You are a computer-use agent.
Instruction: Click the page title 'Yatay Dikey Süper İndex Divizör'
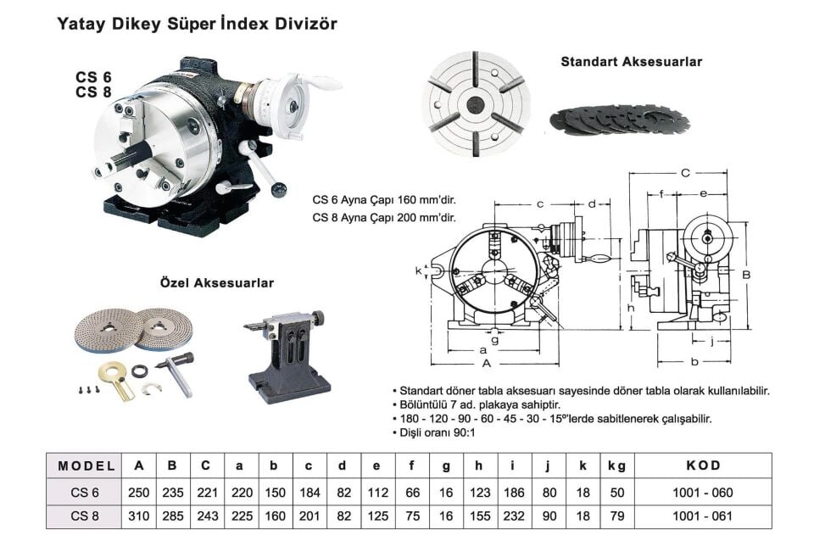click(197, 24)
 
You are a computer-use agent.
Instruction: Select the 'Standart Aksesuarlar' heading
click(631, 62)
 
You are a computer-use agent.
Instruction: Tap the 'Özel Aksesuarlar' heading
click(217, 282)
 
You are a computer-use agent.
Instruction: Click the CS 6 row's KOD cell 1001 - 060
click(703, 492)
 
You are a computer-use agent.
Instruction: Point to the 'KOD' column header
click(703, 466)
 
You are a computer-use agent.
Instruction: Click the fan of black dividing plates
click(615, 119)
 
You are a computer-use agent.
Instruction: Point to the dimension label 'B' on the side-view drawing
click(747, 275)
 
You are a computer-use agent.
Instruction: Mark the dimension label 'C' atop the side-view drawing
click(685, 173)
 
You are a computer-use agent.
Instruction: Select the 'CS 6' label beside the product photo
click(93, 76)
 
